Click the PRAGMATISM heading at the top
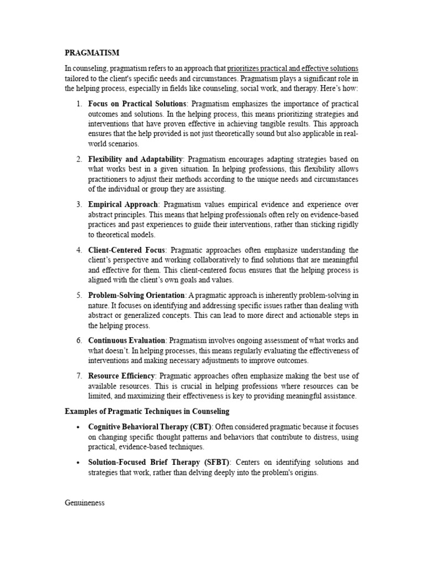[92, 53]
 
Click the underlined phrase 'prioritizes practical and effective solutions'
[293, 69]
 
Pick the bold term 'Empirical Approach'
[123, 205]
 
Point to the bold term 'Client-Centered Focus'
[127, 250]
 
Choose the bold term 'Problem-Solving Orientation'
[136, 295]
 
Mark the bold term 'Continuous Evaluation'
[127, 340]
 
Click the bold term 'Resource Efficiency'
[121, 376]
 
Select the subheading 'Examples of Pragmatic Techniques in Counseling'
[147, 411]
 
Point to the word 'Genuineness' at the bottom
[84, 503]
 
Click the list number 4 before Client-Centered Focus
[79, 250]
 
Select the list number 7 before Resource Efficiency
[79, 376]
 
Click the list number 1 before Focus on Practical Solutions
[79, 104]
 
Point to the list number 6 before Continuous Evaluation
[79, 340]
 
